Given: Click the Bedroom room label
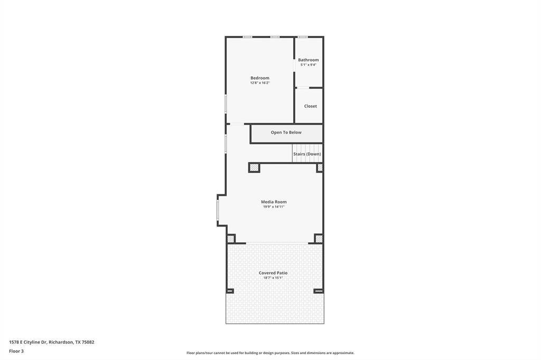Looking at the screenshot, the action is pos(260,78).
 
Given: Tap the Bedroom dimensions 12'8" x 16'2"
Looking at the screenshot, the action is pos(260,83).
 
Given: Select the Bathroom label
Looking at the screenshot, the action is pos(309,60).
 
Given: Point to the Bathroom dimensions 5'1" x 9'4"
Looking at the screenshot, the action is pos(309,64).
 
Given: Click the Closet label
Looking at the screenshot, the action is pos(311,106).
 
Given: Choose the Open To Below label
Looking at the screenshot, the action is pos(286,132).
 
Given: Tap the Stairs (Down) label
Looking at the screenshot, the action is pos(307,154).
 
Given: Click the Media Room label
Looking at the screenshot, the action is pos(274,202).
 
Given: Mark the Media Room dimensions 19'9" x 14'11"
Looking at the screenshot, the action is pos(274,206).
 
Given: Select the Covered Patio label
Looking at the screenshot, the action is pos(273,273).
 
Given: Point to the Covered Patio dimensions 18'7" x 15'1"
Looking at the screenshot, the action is pos(273,278).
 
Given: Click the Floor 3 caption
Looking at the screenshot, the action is pos(16,351).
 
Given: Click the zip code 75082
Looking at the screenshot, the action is pos(88,342).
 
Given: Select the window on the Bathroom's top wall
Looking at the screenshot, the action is pos(303,37).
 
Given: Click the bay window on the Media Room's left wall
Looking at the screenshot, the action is pos(218,210).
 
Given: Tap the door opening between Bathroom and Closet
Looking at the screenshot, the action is pos(303,88).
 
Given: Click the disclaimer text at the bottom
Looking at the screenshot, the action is pos(270,353).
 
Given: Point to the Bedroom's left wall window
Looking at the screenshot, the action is pos(226,103).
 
